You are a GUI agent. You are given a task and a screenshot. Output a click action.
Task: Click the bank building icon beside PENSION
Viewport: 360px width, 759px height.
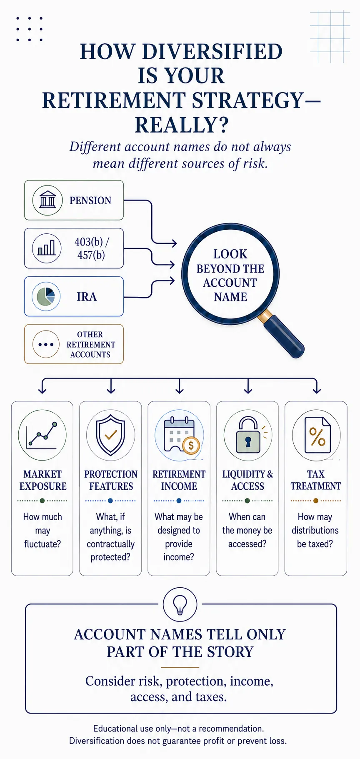click(47, 200)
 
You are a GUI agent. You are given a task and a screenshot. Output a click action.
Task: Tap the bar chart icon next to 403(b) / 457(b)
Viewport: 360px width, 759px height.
click(47, 248)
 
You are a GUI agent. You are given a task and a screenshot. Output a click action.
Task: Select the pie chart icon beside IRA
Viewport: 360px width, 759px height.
click(46, 296)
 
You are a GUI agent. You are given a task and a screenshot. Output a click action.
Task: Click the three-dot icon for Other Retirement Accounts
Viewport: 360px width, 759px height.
click(46, 344)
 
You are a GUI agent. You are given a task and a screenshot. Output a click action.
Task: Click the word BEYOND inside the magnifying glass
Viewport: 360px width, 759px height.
click(230, 269)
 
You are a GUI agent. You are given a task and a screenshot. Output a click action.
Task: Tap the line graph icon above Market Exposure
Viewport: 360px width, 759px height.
click(42, 435)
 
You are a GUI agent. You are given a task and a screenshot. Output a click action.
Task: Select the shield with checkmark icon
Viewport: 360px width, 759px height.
click(110, 435)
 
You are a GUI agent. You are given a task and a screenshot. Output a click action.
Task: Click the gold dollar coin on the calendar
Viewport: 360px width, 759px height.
click(191, 445)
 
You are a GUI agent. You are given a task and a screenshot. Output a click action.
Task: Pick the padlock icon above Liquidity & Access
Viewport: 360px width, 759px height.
click(248, 435)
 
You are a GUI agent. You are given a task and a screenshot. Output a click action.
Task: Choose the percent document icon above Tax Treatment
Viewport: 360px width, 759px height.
click(317, 435)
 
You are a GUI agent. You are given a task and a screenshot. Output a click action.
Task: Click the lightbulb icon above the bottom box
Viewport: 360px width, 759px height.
click(180, 604)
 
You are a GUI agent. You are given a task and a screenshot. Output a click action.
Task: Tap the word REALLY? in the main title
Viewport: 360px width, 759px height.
click(182, 125)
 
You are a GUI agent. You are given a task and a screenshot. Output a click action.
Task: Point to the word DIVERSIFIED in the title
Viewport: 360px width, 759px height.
click(212, 52)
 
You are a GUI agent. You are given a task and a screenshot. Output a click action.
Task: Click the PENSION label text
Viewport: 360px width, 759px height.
click(90, 200)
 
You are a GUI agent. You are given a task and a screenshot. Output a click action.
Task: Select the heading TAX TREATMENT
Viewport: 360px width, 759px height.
click(316, 480)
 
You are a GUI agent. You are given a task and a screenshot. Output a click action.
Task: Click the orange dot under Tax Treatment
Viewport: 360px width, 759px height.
click(316, 501)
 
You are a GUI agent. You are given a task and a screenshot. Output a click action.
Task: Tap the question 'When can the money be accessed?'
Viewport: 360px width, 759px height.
click(247, 530)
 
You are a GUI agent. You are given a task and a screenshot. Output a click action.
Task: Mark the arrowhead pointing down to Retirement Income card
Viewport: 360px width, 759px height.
click(180, 390)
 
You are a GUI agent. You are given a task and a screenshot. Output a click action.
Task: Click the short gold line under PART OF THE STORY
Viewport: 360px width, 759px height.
click(180, 667)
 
